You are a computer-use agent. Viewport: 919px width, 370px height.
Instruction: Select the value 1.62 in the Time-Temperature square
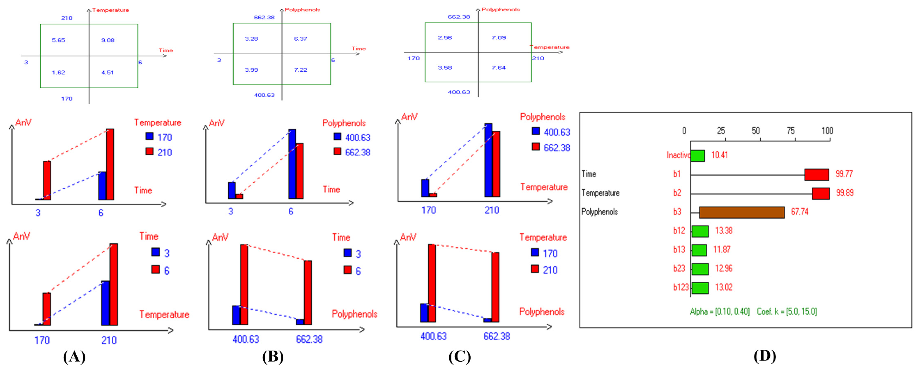pos(59,73)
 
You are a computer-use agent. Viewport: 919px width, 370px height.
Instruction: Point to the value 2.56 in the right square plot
pos(445,37)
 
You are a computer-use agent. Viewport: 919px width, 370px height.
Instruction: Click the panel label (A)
pos(74,356)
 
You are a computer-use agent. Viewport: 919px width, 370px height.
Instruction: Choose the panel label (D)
pos(764,356)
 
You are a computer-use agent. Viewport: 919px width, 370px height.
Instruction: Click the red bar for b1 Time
pos(817,174)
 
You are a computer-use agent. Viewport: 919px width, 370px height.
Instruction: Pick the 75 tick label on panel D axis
pos(791,131)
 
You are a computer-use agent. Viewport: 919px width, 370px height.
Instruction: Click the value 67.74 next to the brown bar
pos(800,212)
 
